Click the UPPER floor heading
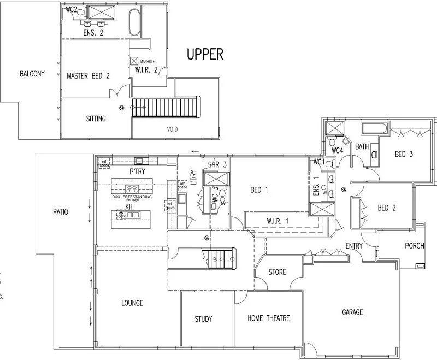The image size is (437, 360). [205, 54]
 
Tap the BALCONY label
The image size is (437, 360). [32, 74]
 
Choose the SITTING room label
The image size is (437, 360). [96, 119]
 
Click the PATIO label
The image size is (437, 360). [61, 211]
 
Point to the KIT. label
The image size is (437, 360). [130, 208]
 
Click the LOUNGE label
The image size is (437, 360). [132, 303]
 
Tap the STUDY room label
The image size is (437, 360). [203, 319]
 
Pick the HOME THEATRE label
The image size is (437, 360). [268, 318]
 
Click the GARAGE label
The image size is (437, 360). [352, 312]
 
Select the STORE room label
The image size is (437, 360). [277, 272]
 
